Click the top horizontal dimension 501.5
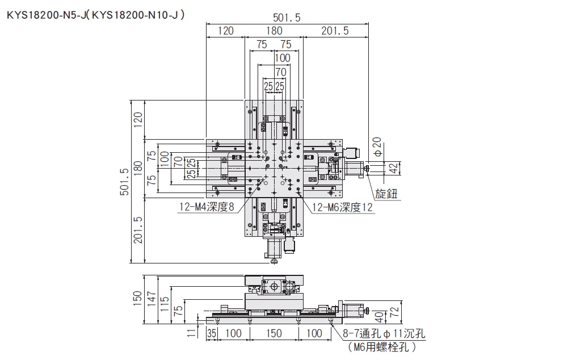[287, 18]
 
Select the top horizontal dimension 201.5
[335, 31]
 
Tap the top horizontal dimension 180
[275, 31]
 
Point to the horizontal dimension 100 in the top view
[282, 58]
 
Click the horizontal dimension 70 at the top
[280, 72]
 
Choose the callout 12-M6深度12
[342, 207]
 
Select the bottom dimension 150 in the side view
[274, 333]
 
